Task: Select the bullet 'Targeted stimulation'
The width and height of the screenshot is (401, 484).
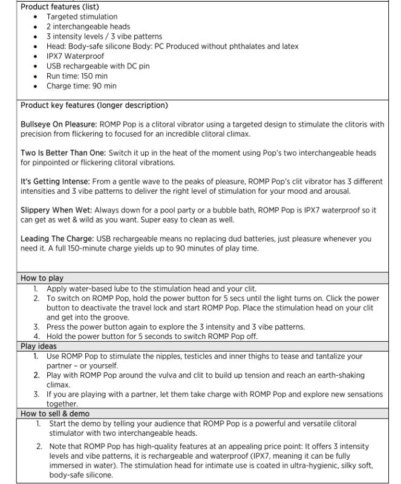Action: point(82,17)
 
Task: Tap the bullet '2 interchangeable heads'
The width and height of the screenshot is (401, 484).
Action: point(88,27)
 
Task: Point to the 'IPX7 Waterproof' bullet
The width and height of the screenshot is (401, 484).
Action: point(75,56)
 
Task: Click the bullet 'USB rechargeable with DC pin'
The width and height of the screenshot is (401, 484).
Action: point(98,66)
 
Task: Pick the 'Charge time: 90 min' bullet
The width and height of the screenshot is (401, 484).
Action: point(82,86)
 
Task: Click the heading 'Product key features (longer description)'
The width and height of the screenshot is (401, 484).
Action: point(94,105)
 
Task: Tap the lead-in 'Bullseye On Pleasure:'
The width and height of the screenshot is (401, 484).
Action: point(58,125)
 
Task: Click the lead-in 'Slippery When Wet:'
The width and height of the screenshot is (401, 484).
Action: point(53,210)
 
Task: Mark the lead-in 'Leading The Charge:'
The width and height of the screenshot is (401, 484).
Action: point(55,239)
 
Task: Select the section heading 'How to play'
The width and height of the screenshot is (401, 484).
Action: point(42,278)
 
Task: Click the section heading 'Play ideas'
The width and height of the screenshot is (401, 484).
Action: point(39,347)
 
